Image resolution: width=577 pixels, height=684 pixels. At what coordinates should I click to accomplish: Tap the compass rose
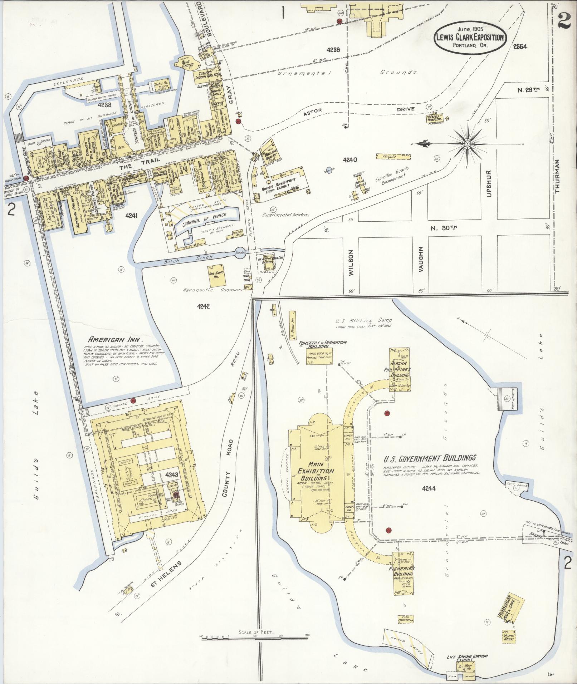[467, 144]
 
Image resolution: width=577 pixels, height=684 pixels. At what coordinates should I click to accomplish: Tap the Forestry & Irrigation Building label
[323, 344]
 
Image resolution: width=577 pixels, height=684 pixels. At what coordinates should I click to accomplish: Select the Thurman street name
[557, 176]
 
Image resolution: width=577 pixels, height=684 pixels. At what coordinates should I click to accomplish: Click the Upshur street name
[490, 183]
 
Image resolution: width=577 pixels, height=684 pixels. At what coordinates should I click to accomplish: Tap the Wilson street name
[350, 262]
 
